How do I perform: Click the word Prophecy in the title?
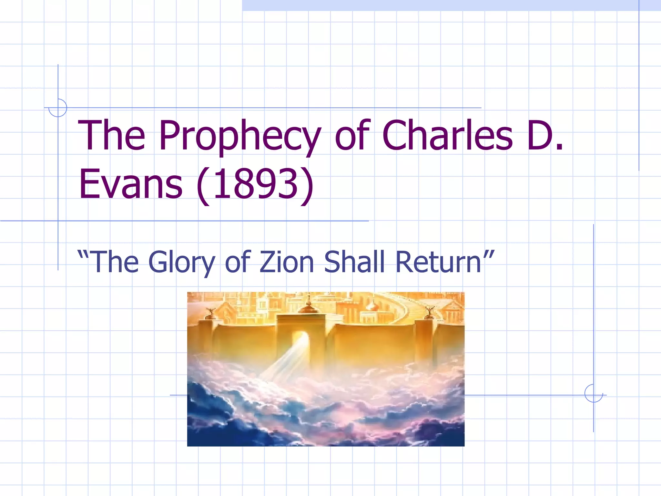pos(240,136)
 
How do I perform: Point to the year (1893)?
pos(255,185)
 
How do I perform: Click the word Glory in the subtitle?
pos(182,262)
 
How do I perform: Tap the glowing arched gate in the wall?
pos(301,346)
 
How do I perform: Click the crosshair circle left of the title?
pos(58,108)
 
